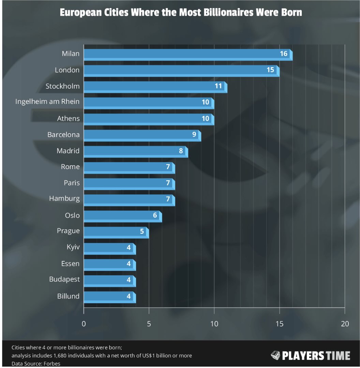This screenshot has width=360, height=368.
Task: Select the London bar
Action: point(181,71)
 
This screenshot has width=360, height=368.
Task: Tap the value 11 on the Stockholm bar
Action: point(219,86)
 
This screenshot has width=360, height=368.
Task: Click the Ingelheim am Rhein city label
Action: point(47,102)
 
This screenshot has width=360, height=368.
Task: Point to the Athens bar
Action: point(148,119)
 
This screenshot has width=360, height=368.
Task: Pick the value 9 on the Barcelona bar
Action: point(194,134)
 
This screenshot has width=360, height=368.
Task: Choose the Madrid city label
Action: point(68,151)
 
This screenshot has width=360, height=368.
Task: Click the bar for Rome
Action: point(129,167)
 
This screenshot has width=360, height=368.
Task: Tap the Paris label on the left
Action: point(72,183)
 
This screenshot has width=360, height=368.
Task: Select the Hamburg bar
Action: point(129,199)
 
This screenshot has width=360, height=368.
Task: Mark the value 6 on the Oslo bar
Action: point(155,215)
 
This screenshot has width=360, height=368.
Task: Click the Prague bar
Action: point(116,232)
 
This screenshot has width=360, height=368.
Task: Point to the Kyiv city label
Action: point(73,247)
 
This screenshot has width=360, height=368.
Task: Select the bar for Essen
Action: point(109,264)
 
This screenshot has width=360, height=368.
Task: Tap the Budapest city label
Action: point(64,279)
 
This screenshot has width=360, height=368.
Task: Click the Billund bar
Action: point(109,296)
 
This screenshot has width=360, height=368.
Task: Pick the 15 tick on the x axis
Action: point(280,324)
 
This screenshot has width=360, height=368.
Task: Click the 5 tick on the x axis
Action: point(149,324)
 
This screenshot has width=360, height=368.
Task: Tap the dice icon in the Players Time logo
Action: point(275,356)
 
